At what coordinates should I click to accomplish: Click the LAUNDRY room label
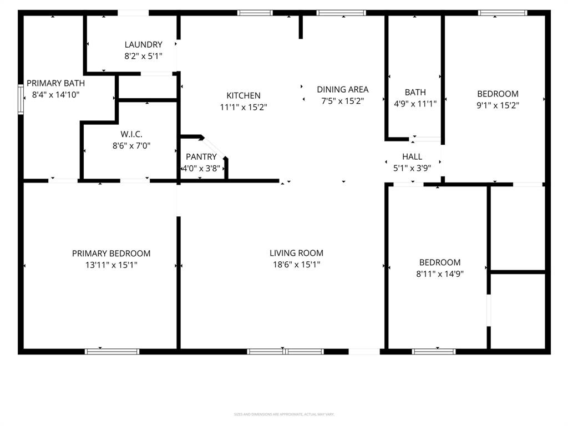pos(143,44)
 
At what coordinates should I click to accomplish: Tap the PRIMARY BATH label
pos(55,83)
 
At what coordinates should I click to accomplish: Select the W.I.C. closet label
pos(131,134)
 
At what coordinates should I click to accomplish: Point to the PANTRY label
pos(201,157)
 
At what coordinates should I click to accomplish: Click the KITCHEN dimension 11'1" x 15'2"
pos(244,107)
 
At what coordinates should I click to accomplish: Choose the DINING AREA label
pos(342,89)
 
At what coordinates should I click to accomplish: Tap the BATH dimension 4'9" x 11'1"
pos(415,103)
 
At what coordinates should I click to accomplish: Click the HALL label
pos(412,157)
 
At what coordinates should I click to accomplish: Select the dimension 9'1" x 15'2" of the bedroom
pos(498,105)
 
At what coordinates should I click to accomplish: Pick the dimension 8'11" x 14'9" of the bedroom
pos(439,273)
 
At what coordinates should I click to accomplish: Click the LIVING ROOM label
pos(296,253)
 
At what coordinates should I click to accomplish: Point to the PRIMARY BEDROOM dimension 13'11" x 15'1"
pos(111,265)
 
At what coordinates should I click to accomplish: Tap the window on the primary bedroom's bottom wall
pos(112,351)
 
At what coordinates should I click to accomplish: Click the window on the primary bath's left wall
pos(21,99)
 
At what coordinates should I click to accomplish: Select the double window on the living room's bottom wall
pos(285,351)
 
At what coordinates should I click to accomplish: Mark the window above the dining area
pos(341,12)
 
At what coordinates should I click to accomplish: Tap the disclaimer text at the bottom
pos(284,414)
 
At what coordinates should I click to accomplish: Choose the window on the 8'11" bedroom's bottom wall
pos(434,351)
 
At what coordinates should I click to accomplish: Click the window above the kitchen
pos(255,12)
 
